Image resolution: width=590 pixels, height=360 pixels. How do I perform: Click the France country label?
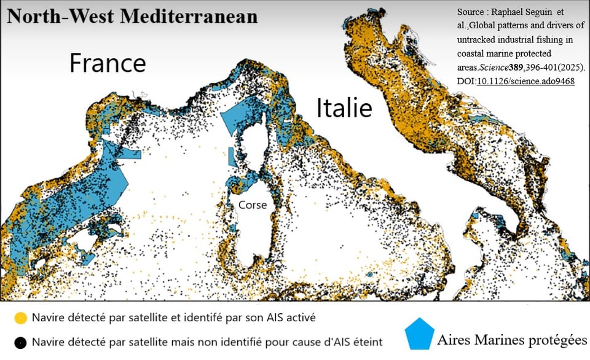pyautogui.click(x=108, y=63)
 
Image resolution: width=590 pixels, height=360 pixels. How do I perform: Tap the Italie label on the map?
pyautogui.click(x=344, y=108)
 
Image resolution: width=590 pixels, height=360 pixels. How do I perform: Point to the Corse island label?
pyautogui.click(x=254, y=205)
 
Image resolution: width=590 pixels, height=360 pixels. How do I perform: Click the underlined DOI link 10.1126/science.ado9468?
pyautogui.click(x=526, y=80)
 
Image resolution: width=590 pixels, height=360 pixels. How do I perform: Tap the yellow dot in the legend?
pyautogui.click(x=20, y=318)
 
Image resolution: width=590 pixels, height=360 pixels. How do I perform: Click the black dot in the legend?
pyautogui.click(x=20, y=342)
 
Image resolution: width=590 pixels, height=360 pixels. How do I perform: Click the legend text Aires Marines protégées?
pyautogui.click(x=512, y=340)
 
